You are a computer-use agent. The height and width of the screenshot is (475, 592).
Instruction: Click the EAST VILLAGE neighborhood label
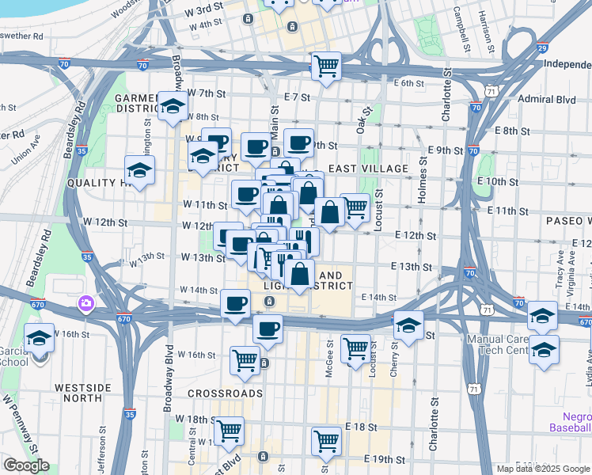coord(368,169)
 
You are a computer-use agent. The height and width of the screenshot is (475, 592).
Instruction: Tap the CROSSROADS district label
coord(225,393)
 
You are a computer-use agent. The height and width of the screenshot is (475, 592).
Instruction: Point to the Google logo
coord(26,465)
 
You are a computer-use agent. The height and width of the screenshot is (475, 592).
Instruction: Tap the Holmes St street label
coord(422,182)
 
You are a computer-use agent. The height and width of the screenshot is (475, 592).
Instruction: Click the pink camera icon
coord(85,302)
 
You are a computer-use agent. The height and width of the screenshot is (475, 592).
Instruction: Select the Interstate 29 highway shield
coord(541,48)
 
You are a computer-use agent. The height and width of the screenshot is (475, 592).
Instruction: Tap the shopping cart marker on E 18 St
coord(326,443)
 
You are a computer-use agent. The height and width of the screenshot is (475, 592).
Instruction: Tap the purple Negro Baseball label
coord(569,421)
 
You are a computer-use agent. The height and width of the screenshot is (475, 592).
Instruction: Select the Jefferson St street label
coord(102,448)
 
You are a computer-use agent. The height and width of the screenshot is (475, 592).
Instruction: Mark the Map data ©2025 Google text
coord(541,468)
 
